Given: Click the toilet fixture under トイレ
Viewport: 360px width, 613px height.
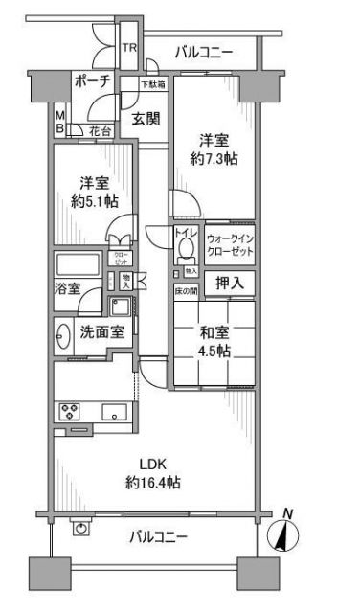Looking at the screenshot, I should [x=186, y=251].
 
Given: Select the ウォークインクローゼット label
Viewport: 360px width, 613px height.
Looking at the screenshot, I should [x=230, y=244].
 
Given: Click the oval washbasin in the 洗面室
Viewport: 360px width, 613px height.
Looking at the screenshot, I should [x=63, y=336].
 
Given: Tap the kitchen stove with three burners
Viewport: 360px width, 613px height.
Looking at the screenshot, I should [x=71, y=414].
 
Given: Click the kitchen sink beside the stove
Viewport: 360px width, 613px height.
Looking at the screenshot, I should [x=111, y=414].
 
